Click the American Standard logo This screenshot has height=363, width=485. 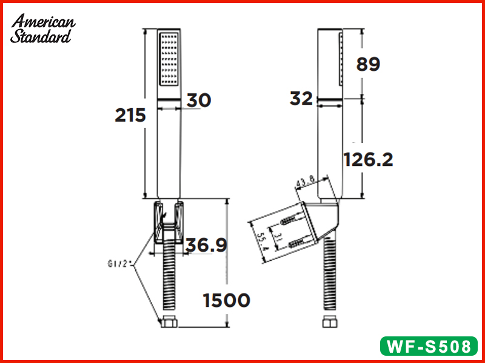pos(43,28)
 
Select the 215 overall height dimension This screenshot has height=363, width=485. pos(130,114)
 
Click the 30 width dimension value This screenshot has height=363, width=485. pos(198,100)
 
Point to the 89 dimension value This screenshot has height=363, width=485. pos(368,64)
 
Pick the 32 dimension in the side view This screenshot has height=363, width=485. pos(301,99)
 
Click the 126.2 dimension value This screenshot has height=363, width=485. pos(368,159)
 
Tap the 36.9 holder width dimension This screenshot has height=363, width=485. pos(206,245)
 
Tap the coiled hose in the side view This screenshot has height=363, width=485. pos(331,278)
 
